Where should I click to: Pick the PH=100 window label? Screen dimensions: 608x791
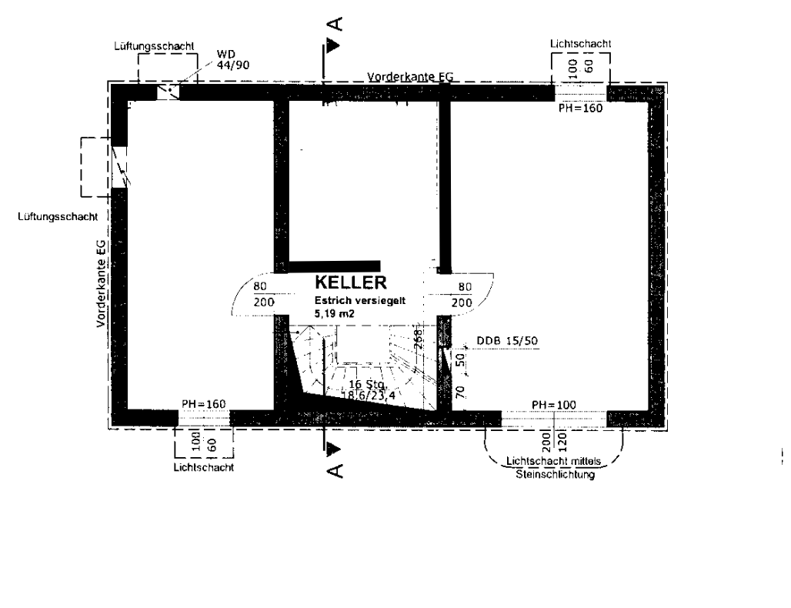554,405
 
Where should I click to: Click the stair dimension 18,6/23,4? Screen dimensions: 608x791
369,395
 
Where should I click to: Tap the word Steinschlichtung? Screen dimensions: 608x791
555,474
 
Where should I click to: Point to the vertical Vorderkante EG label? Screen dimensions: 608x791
101,283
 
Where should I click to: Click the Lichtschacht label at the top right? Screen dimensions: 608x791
581,45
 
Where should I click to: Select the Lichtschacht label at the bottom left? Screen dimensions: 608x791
204,467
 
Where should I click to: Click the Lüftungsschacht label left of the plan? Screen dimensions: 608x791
57,218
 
